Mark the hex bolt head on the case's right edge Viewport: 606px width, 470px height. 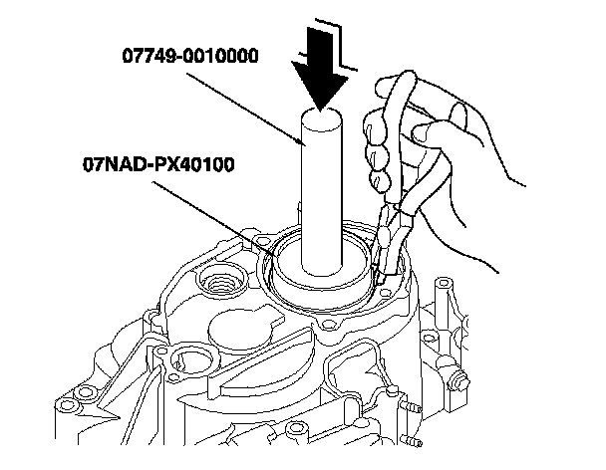pyautogui.click(x=461, y=379)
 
